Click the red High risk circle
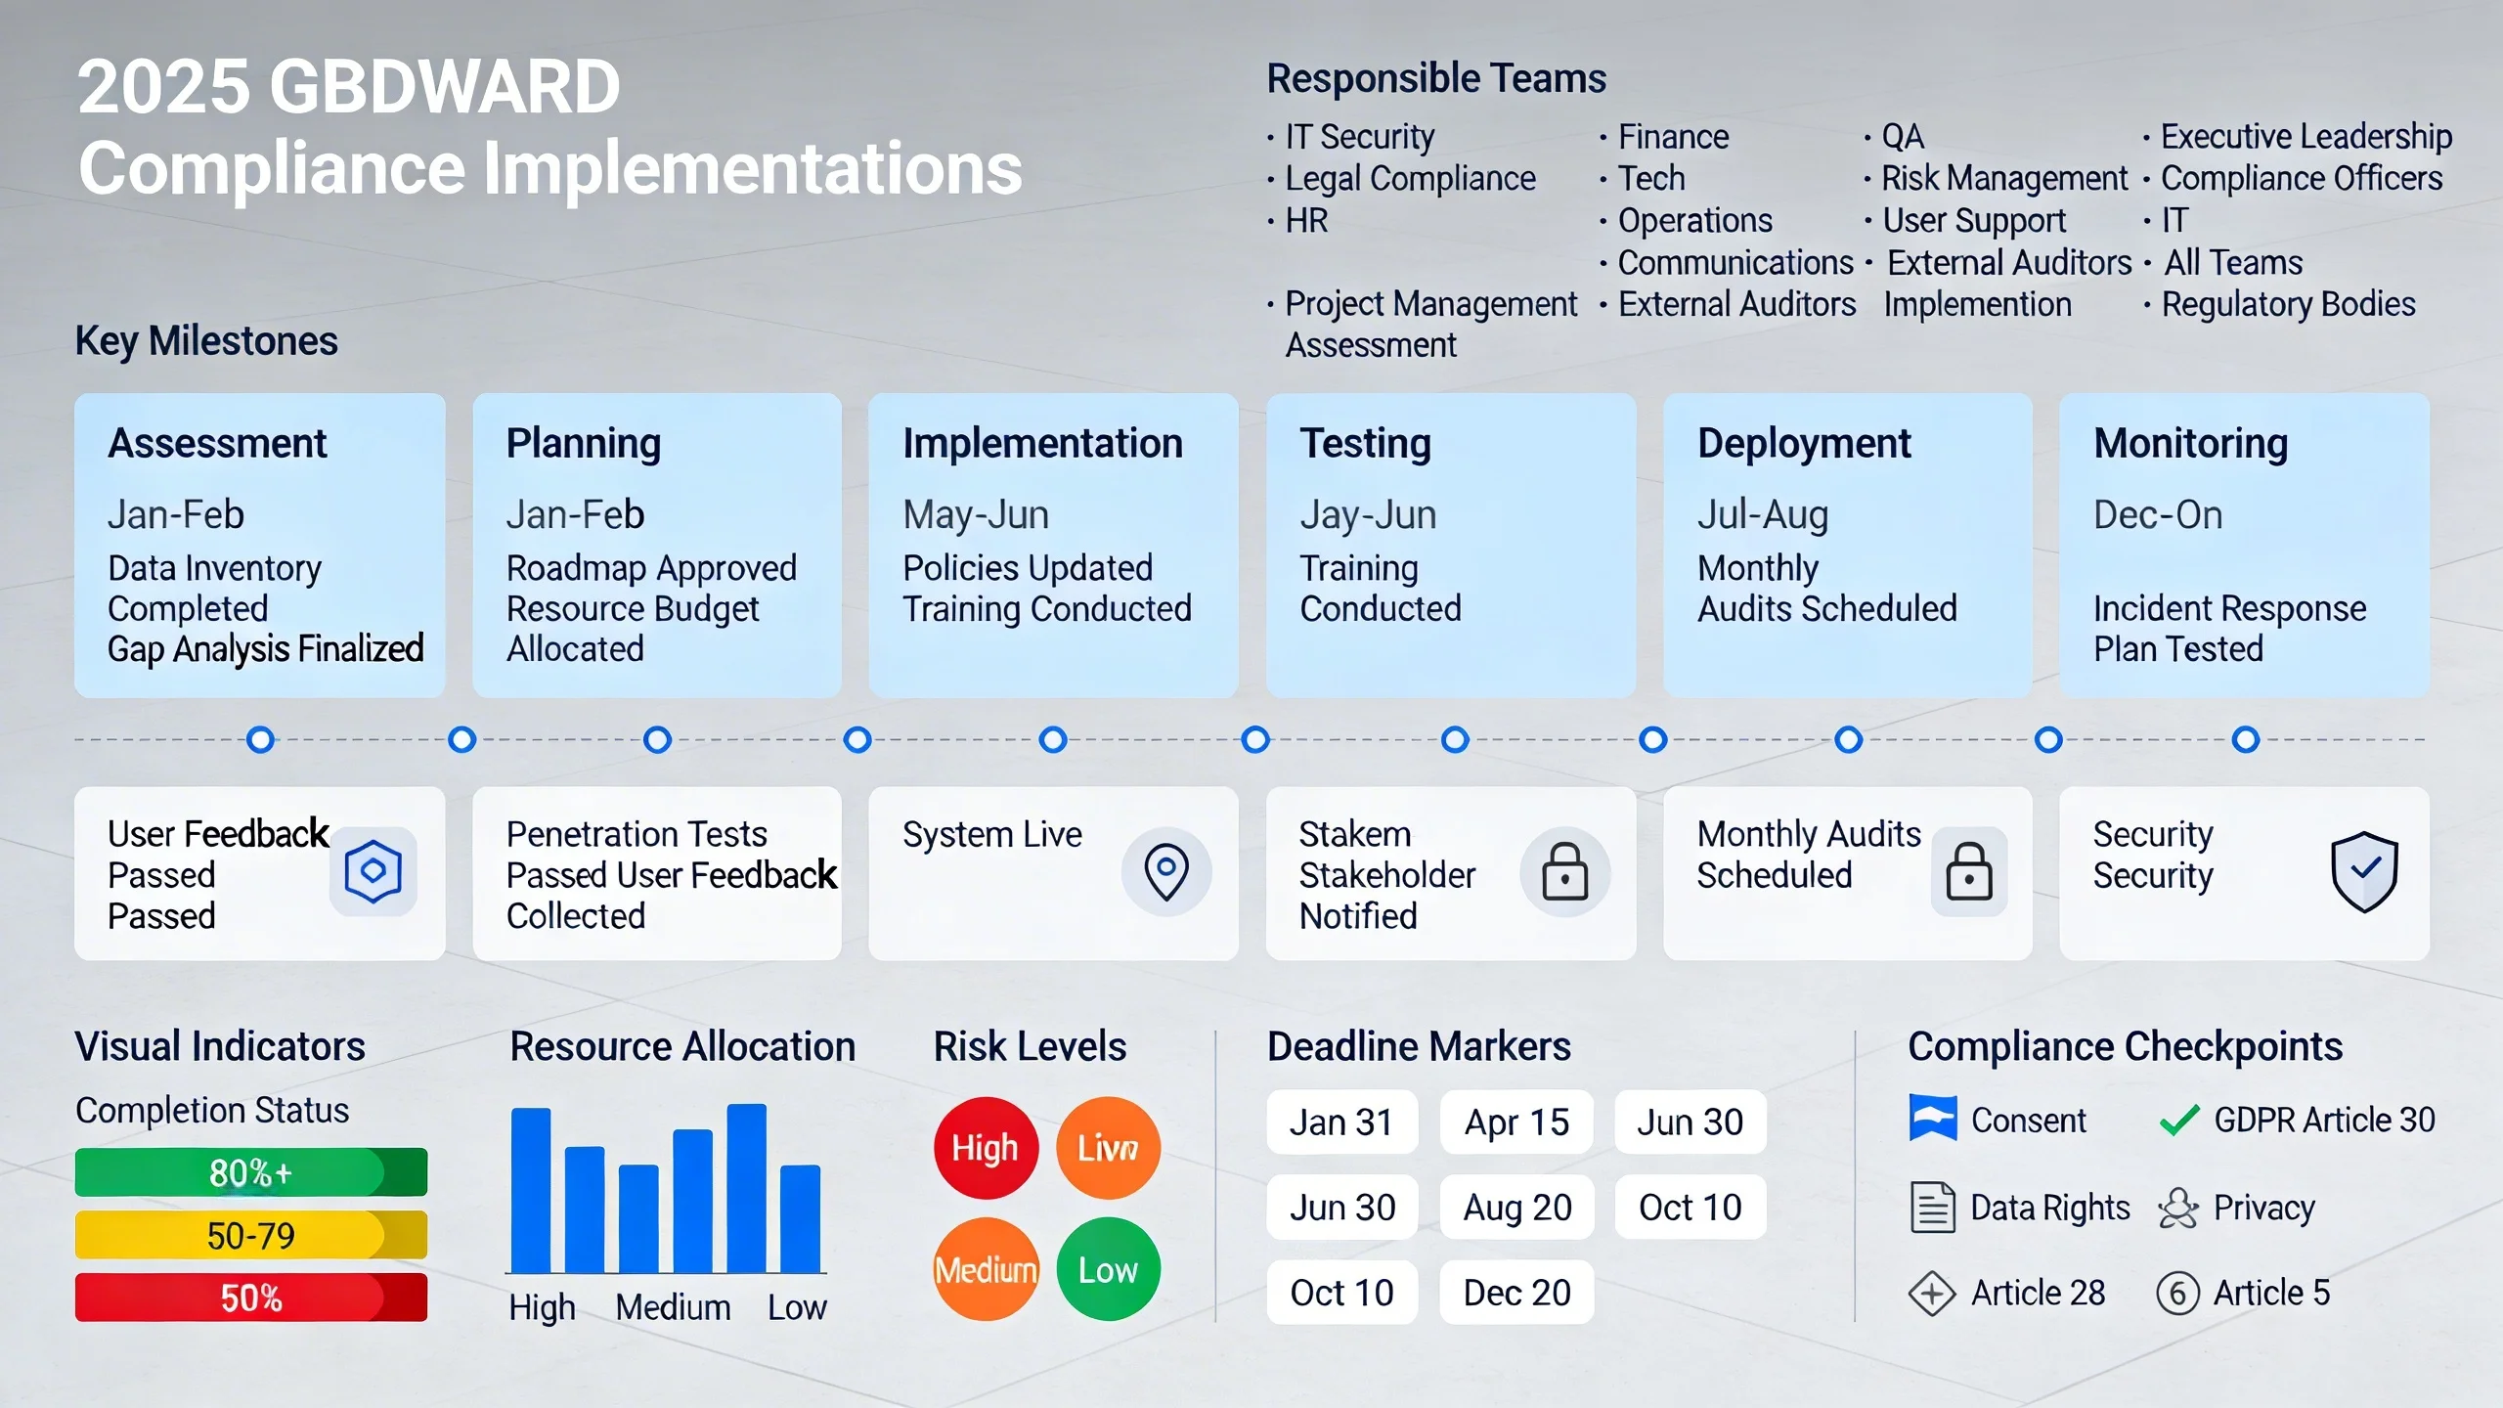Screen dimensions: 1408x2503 click(985, 1147)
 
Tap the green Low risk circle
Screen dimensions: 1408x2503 click(1108, 1269)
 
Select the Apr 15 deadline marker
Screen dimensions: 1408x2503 click(1515, 1122)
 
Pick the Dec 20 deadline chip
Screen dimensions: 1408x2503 click(1515, 1293)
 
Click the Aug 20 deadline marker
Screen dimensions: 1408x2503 click(1515, 1208)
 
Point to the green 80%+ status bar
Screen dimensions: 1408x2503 click(250, 1172)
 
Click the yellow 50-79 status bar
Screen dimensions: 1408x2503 click(250, 1235)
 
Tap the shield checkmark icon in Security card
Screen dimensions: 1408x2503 click(2363, 871)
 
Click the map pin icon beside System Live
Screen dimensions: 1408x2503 click(1165, 871)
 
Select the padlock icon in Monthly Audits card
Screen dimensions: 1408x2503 click(1968, 871)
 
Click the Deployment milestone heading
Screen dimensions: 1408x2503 click(1803, 444)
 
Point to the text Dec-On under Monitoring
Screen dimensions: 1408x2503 click(2157, 514)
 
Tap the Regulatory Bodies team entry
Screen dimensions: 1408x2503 click(2287, 304)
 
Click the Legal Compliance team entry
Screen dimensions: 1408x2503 click(1409, 179)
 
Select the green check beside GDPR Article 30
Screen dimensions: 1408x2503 click(2179, 1120)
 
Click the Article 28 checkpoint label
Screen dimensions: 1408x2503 click(2037, 1293)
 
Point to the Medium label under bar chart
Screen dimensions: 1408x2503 click(673, 1307)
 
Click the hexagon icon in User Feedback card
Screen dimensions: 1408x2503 click(373, 870)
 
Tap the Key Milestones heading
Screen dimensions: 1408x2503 click(206, 341)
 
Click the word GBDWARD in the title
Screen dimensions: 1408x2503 click(444, 86)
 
